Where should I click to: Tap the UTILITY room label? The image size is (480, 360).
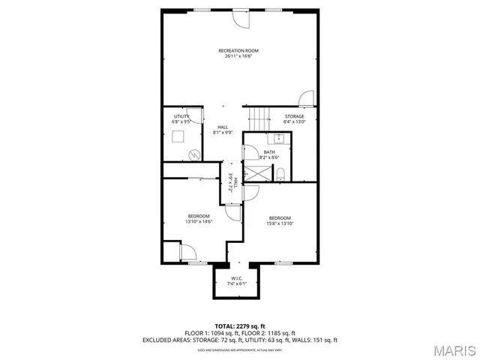(181, 116)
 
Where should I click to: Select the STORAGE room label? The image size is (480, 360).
(294, 116)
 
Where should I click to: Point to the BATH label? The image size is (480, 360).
(268, 152)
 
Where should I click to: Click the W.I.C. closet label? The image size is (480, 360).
(236, 278)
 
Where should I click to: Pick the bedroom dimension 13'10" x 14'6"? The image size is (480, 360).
(199, 221)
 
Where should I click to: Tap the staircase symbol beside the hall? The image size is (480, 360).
(259, 118)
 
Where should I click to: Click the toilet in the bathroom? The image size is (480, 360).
(280, 174)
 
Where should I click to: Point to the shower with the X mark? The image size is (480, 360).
(259, 172)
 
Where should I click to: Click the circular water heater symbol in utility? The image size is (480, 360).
(194, 155)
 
